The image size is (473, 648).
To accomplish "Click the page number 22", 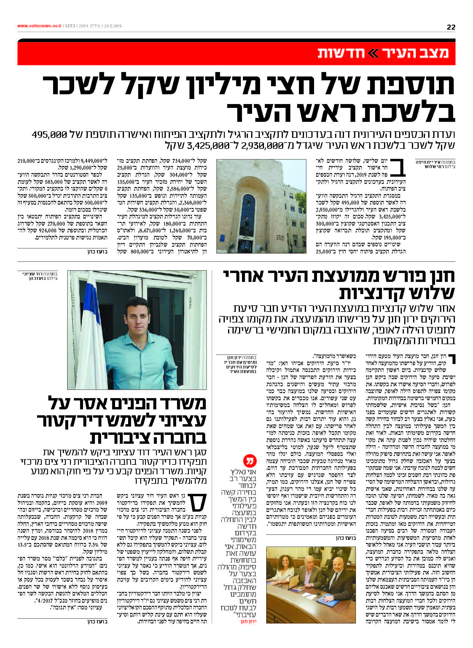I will pyautogui.click(x=450, y=27).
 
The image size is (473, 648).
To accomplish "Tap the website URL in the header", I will pyautogui.click(x=39, y=26).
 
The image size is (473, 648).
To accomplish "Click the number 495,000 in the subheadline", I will pyautogui.click(x=50, y=135).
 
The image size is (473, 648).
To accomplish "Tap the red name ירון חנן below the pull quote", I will pyautogui.click(x=249, y=622).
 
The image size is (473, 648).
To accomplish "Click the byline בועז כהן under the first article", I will pyautogui.click(x=97, y=252).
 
